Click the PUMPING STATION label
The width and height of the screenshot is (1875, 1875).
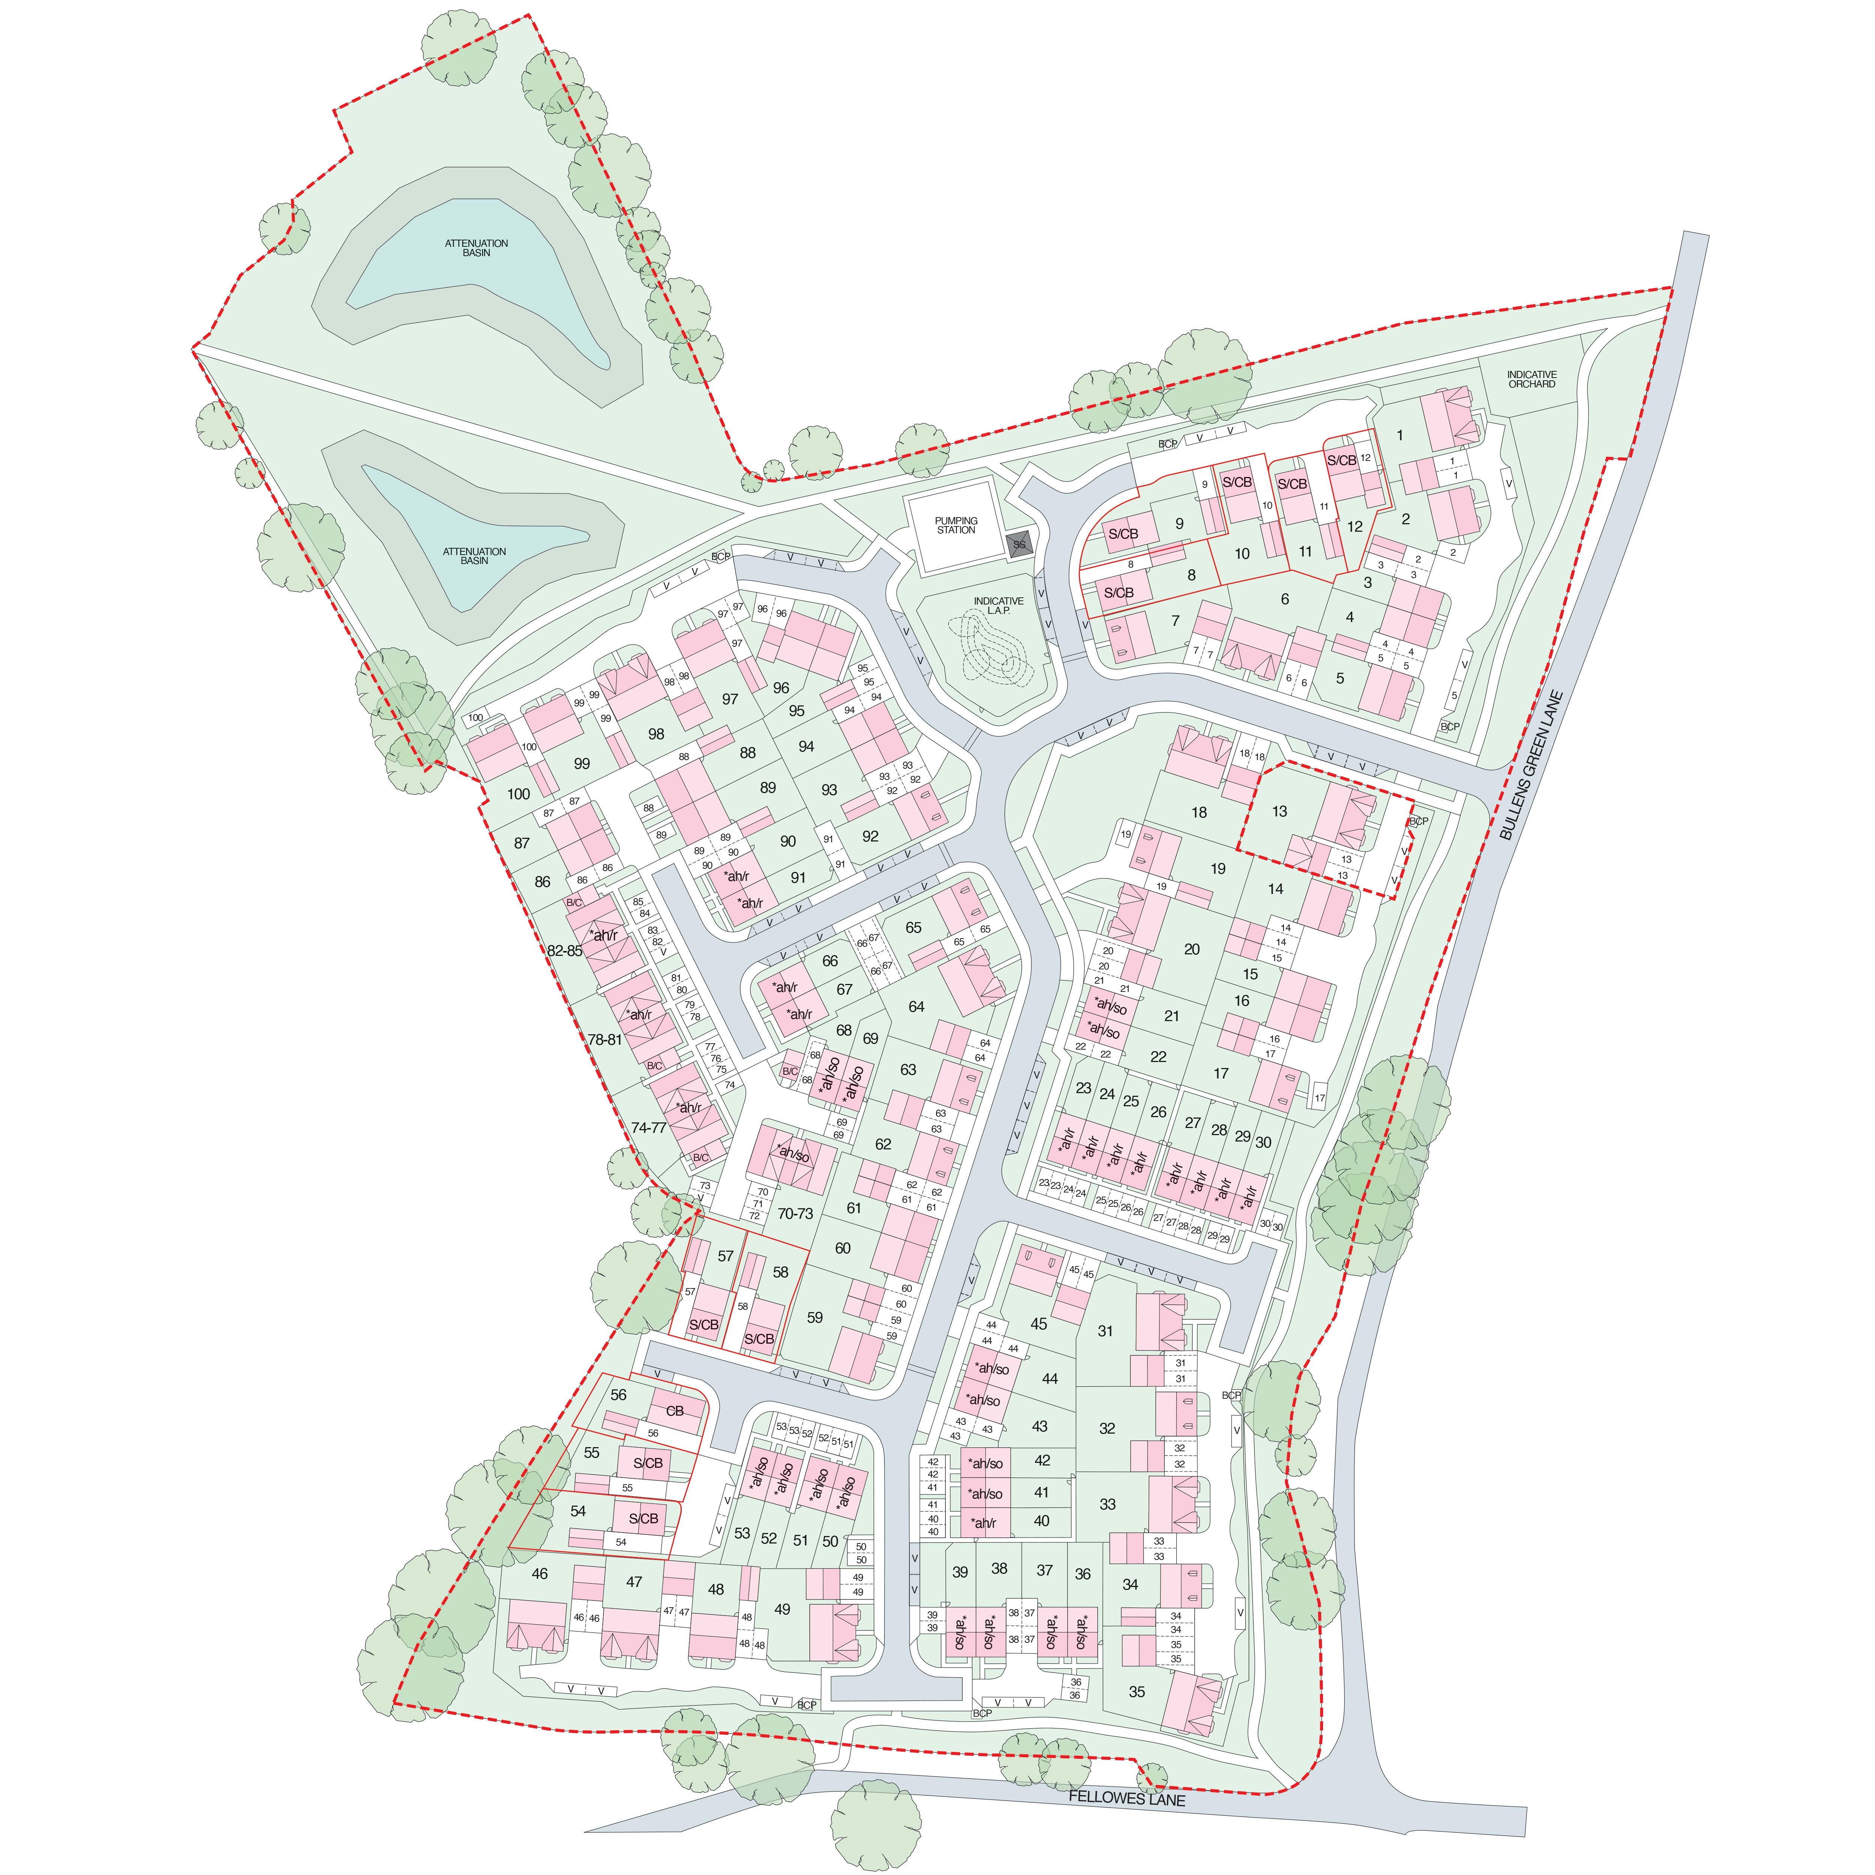pos(956,525)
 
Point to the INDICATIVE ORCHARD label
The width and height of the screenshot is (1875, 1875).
pos(1531,378)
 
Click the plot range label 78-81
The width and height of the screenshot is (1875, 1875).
pos(604,1039)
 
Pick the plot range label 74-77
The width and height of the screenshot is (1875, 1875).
pos(648,1128)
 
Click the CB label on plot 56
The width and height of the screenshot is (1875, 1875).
pos(675,1411)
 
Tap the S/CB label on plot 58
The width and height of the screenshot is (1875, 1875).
pos(759,1339)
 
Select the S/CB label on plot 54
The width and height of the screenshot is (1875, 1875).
pos(643,1519)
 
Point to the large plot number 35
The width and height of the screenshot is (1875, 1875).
pos(1137,1692)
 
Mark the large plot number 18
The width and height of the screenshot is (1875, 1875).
pos(1198,812)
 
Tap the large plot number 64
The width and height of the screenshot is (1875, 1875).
pos(916,1006)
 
